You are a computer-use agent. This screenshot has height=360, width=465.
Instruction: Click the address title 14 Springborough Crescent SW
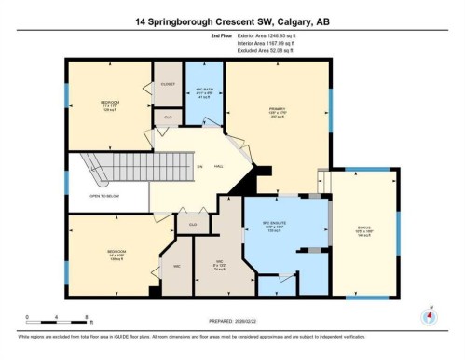click(x=232, y=21)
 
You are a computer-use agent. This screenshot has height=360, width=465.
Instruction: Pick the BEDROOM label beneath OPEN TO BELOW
click(x=116, y=252)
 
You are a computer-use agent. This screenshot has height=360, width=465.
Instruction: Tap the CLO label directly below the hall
click(x=192, y=224)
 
